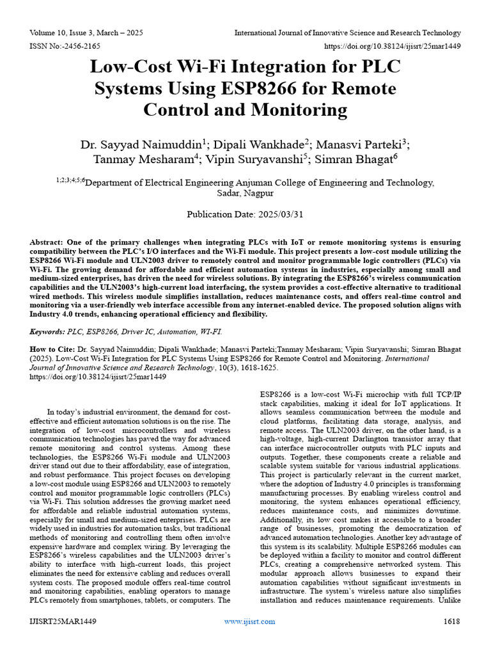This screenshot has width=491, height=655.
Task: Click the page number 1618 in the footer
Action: [452, 621]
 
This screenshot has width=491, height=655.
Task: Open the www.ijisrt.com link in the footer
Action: [250, 621]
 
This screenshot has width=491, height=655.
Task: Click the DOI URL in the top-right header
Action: [393, 46]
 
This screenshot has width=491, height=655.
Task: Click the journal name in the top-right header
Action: [347, 33]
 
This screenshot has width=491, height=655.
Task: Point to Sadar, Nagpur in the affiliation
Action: [245, 193]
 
